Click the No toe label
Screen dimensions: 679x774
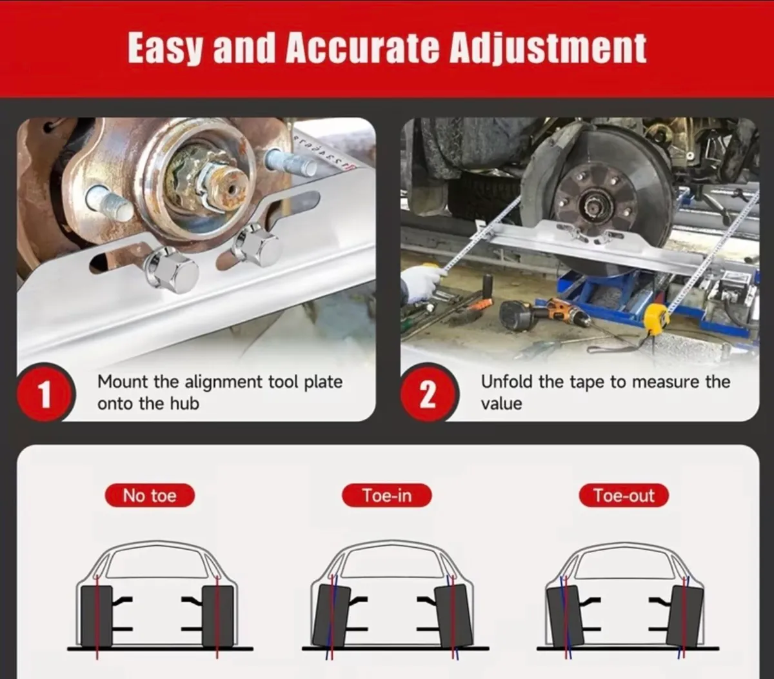coord(150,496)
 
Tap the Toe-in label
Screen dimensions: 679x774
coord(386,496)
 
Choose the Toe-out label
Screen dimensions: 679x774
coord(623,496)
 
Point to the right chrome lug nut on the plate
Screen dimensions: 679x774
coord(257,245)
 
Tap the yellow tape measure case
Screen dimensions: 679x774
coord(656,319)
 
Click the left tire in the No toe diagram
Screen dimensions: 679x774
coord(97,615)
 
